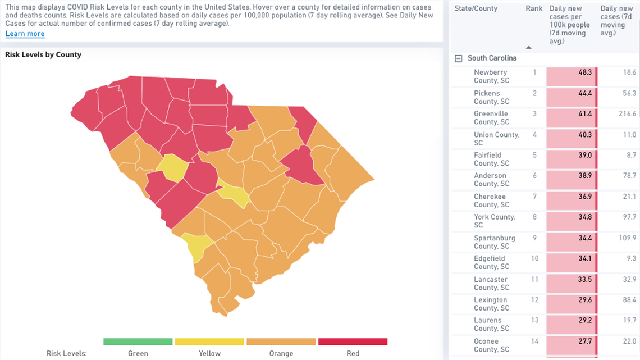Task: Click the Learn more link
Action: (x=25, y=34)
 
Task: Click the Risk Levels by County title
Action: (x=43, y=54)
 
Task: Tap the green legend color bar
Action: (x=138, y=341)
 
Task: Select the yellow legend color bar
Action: (x=209, y=341)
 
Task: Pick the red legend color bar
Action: (x=353, y=341)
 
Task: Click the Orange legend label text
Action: (x=281, y=353)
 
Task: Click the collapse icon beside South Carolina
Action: (x=459, y=58)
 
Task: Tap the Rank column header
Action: (x=534, y=8)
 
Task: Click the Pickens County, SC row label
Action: (x=491, y=97)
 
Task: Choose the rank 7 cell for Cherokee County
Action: (x=534, y=197)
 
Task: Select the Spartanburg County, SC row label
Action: (x=494, y=242)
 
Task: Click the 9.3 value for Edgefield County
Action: (x=631, y=259)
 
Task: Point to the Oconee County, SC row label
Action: (x=491, y=345)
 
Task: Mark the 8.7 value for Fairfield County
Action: (x=631, y=155)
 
